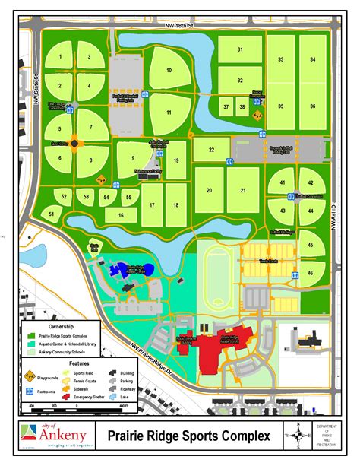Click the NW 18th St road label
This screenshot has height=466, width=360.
pyautogui.click(x=181, y=25)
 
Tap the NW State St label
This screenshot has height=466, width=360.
pyautogui.click(x=36, y=90)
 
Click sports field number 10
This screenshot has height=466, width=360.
pyautogui.click(x=169, y=70)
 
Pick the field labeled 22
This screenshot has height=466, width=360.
pyautogui.click(x=213, y=151)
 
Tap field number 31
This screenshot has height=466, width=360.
pyautogui.click(x=239, y=49)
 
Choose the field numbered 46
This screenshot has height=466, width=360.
pyautogui.click(x=311, y=272)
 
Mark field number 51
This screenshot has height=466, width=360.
pyautogui.click(x=52, y=215)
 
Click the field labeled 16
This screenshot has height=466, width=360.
pyautogui.click(x=120, y=216)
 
